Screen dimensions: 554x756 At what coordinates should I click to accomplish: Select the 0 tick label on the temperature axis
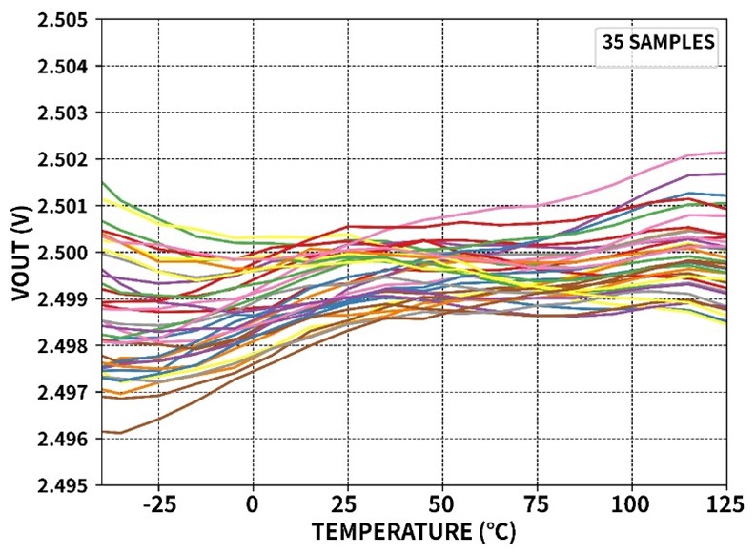(253, 503)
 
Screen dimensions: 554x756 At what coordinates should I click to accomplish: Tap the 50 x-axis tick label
(441, 503)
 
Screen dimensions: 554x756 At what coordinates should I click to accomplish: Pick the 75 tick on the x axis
(537, 503)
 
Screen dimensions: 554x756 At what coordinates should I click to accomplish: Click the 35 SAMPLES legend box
(656, 43)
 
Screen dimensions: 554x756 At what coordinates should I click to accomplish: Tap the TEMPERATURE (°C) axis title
(415, 530)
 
